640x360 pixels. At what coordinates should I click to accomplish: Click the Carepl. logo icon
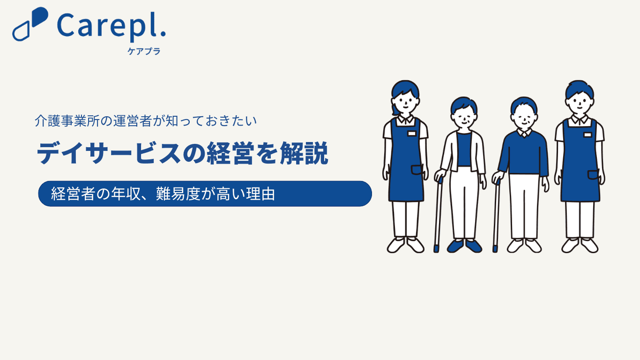click(x=30, y=24)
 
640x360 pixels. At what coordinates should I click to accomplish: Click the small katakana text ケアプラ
click(x=144, y=51)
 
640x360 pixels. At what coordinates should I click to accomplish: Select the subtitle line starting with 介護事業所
click(x=146, y=121)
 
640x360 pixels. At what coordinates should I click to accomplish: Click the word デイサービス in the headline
click(x=109, y=153)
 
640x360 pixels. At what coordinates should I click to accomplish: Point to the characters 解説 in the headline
click(x=304, y=153)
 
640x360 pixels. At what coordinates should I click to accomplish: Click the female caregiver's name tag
click(x=411, y=134)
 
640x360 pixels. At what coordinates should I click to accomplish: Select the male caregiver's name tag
click(x=588, y=135)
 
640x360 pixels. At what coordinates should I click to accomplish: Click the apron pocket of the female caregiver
click(x=417, y=170)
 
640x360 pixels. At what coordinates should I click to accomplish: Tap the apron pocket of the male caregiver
click(x=593, y=175)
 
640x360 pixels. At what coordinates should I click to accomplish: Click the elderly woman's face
click(x=464, y=117)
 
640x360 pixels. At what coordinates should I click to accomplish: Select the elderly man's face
click(x=524, y=119)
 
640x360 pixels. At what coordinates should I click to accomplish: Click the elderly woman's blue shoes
click(x=464, y=246)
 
